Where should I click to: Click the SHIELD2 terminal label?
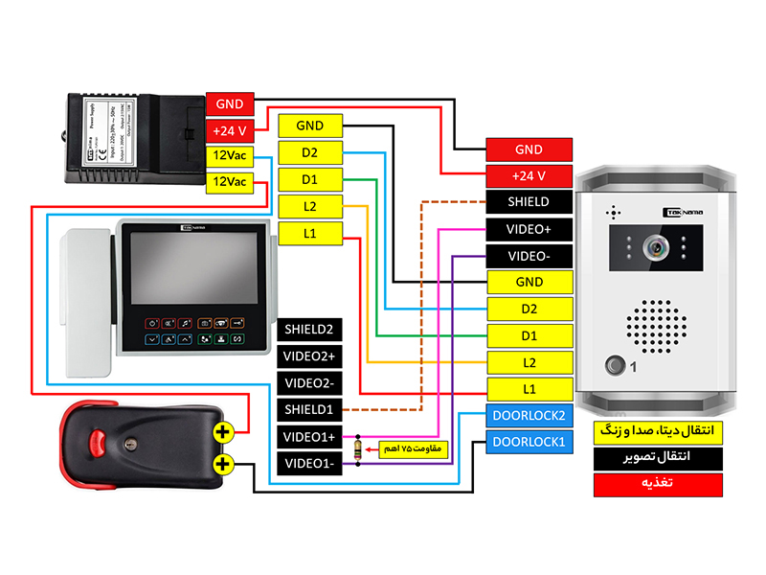point(308,330)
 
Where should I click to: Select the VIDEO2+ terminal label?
point(308,356)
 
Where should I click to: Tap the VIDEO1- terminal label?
point(308,464)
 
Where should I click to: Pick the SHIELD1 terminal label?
point(308,410)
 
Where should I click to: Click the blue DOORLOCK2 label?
point(529,417)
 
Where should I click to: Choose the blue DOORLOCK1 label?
point(529,443)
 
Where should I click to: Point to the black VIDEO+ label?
point(529,230)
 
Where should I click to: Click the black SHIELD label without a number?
point(529,202)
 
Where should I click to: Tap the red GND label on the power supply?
point(230,103)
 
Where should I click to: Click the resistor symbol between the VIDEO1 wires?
point(358,449)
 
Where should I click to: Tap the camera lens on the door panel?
point(656,247)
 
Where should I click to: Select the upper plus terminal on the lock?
point(222,432)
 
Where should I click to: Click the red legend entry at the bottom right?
point(656,485)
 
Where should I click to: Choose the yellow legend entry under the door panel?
point(656,430)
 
